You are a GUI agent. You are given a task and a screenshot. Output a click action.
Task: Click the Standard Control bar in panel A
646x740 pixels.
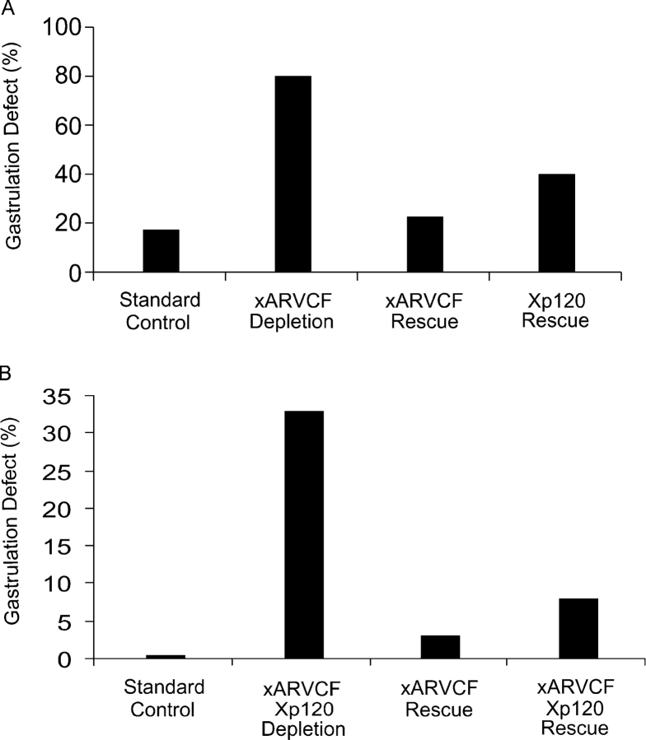[161, 251]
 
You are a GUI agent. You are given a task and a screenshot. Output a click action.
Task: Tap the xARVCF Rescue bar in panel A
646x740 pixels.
[424, 244]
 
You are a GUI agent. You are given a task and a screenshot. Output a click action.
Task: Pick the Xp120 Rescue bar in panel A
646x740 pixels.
[556, 223]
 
